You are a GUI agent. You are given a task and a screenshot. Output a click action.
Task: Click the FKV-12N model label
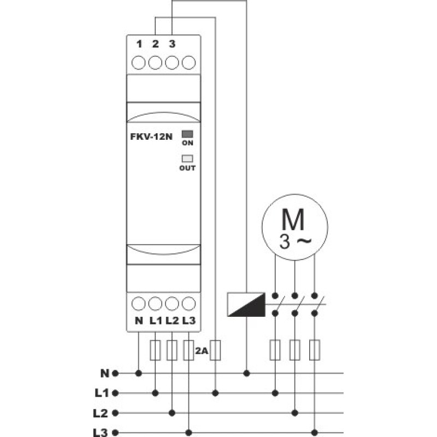coord(151,137)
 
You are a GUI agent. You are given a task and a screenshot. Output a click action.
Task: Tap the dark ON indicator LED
coord(187,134)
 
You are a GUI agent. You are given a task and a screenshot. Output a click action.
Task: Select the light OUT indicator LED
coord(187,158)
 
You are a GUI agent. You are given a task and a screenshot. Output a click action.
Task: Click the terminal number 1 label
coord(139,44)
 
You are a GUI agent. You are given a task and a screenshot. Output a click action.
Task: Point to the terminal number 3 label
coord(172,44)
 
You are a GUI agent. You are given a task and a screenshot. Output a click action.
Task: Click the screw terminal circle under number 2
coord(155,62)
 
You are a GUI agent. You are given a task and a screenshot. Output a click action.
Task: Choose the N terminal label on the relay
coord(139,321)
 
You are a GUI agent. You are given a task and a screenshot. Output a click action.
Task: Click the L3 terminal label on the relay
coord(189,321)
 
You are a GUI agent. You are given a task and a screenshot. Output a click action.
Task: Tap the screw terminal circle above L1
coord(155,304)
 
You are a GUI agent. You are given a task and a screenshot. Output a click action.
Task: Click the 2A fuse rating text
coord(202,351)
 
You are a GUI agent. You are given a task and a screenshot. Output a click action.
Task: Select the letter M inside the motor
coord(293,220)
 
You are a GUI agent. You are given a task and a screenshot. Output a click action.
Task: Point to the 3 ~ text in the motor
coord(295,241)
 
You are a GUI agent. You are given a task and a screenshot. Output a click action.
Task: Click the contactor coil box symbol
coord(246,304)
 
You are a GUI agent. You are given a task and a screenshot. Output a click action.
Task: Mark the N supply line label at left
coord(104,373)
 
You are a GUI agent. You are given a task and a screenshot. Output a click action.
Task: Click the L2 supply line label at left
coord(100,413)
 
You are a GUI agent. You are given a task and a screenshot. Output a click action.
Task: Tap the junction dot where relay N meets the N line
coord(139,373)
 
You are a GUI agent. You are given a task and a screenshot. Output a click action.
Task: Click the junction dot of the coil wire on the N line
coord(246,373)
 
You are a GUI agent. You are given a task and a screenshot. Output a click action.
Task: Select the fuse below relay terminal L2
coord(172,350)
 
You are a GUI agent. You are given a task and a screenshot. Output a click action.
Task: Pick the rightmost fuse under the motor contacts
coord(315,350)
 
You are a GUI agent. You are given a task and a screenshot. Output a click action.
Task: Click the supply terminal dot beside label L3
coord(115,433)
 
